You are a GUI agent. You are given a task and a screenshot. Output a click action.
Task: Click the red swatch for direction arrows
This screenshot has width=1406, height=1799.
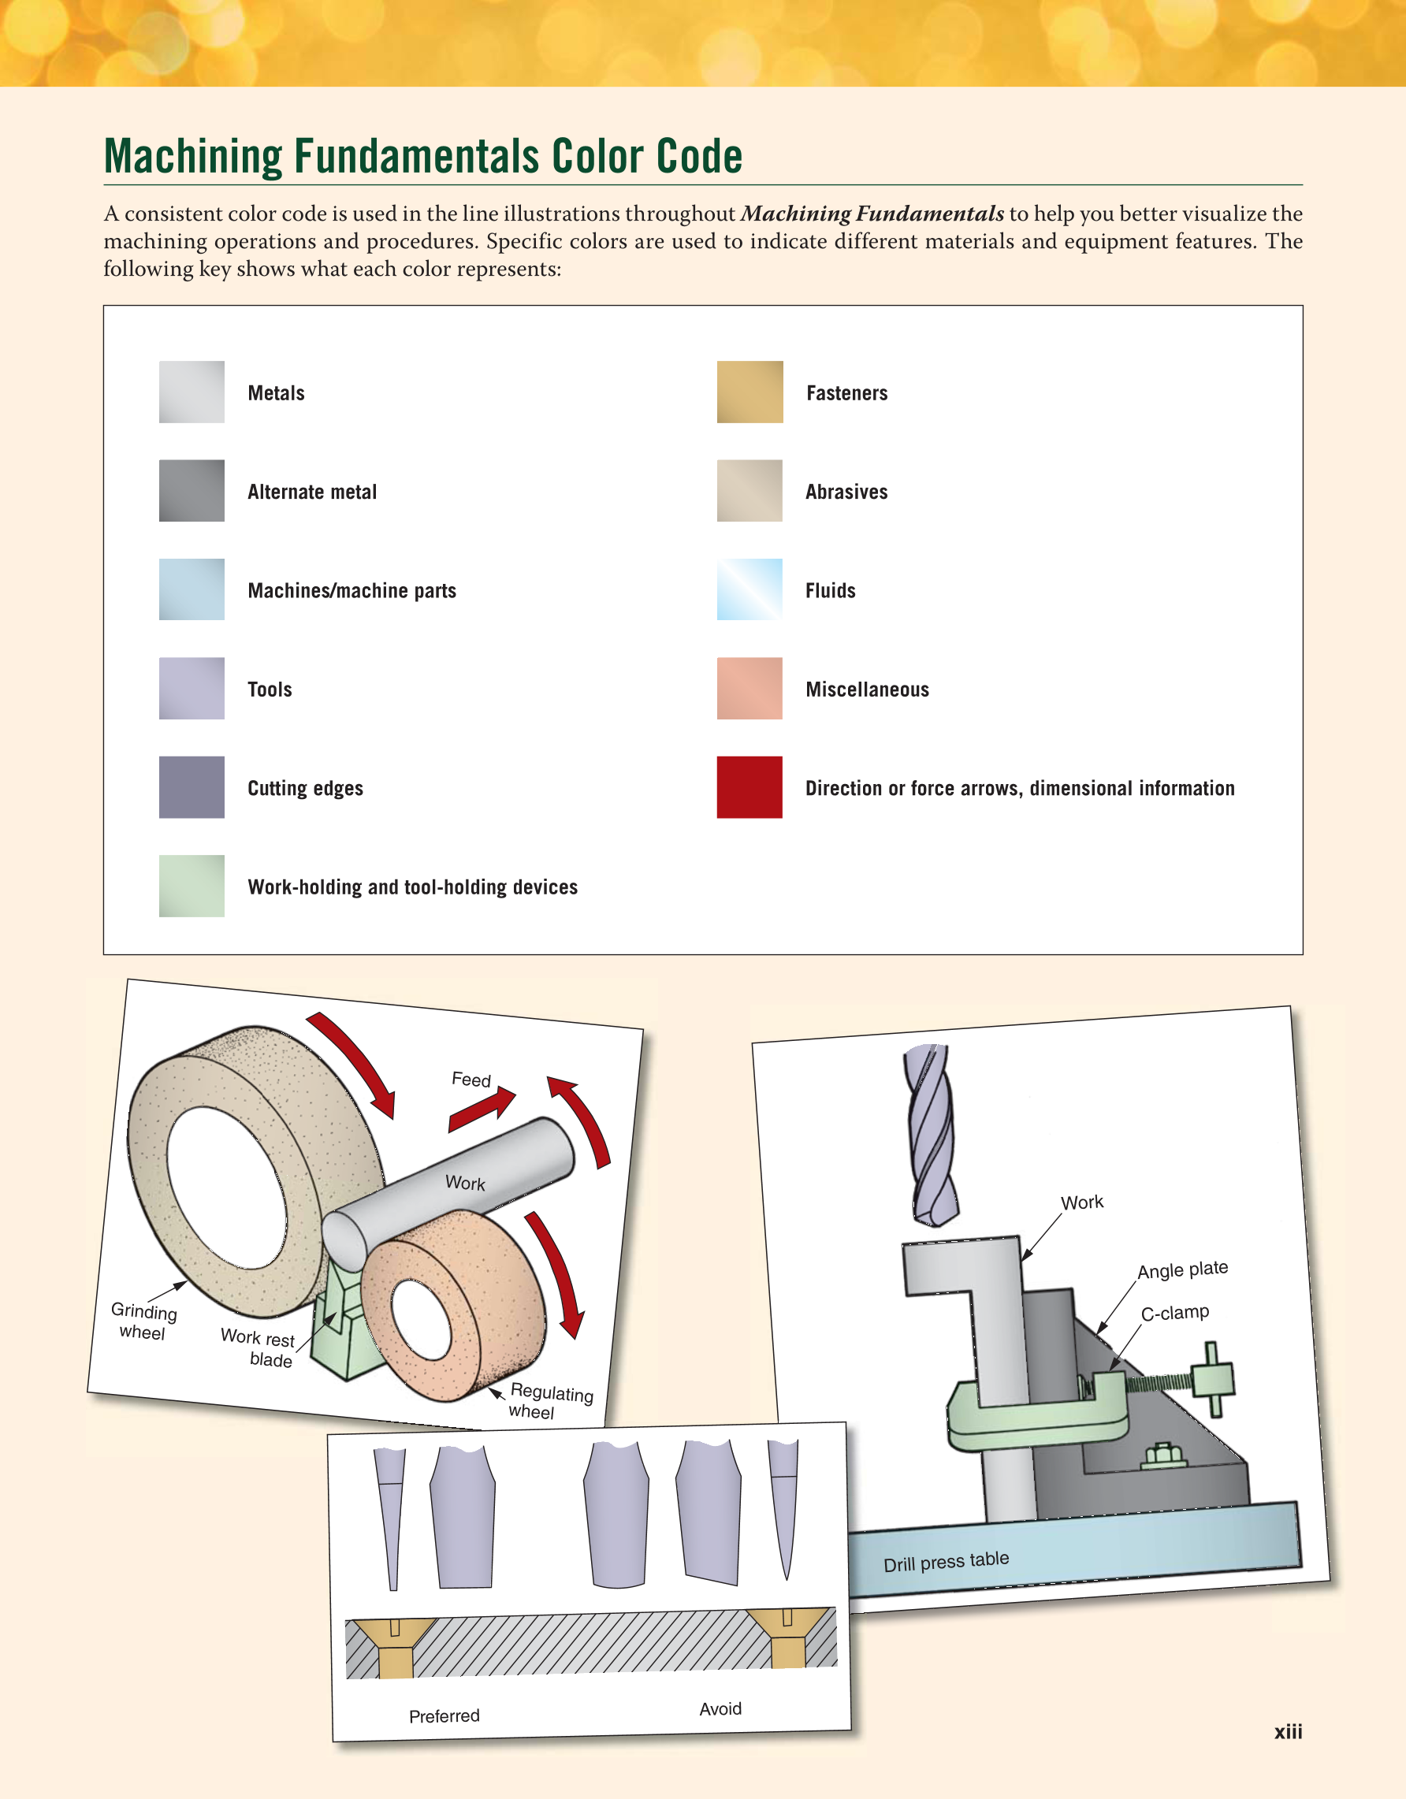[749, 786]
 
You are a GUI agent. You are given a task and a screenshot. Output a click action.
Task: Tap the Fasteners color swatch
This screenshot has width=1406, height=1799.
[749, 392]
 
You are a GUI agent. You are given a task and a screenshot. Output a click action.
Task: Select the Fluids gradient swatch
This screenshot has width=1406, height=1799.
[749, 589]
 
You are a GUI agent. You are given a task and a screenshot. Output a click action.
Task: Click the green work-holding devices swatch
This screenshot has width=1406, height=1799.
[191, 886]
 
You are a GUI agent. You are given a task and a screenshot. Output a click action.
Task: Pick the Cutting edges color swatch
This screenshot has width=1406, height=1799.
[191, 786]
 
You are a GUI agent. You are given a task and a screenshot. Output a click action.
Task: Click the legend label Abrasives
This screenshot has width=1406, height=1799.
[846, 492]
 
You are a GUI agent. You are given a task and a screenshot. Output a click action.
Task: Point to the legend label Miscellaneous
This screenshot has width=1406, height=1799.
[866, 689]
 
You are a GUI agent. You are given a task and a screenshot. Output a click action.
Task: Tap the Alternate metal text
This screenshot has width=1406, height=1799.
[311, 492]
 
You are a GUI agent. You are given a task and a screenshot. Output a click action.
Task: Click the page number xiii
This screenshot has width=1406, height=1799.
[1288, 1731]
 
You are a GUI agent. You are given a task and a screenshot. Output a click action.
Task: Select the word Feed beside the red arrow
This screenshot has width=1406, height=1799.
[471, 1079]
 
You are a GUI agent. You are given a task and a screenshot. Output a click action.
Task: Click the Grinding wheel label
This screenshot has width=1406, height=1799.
[143, 1321]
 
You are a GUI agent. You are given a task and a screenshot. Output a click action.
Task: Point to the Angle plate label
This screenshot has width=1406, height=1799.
[1182, 1269]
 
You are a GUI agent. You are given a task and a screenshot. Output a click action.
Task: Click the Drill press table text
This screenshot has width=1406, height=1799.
[946, 1561]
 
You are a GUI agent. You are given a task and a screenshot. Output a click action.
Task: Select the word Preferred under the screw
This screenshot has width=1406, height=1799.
[444, 1715]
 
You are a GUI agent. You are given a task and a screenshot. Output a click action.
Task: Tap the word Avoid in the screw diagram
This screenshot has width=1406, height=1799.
[720, 1708]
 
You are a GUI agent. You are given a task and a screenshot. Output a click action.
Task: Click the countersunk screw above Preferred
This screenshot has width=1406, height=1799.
[394, 1643]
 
